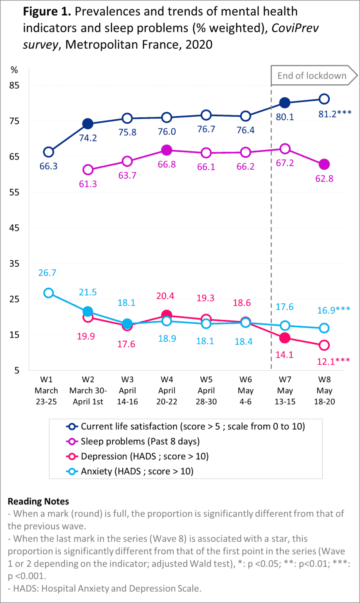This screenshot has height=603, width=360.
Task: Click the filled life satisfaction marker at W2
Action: pos(88,124)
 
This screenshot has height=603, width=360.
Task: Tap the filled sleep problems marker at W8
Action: pos(324,164)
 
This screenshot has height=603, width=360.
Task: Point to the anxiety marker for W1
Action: pos(49,293)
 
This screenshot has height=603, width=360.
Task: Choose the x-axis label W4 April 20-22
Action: pos(167,391)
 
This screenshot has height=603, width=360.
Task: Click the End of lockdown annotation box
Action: pos(312,76)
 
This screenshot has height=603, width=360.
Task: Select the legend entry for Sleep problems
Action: pos(133,441)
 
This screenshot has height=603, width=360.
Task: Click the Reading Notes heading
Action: pos(38,501)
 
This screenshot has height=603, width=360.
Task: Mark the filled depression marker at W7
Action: pos(285,338)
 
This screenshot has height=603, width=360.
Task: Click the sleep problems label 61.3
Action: pos(88,184)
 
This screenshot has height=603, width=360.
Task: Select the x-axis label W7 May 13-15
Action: pos(285,391)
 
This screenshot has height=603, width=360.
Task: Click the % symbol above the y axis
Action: pos(14,70)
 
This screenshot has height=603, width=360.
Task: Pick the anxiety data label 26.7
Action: pos(47,272)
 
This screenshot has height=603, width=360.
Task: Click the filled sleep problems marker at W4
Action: pos(167,150)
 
